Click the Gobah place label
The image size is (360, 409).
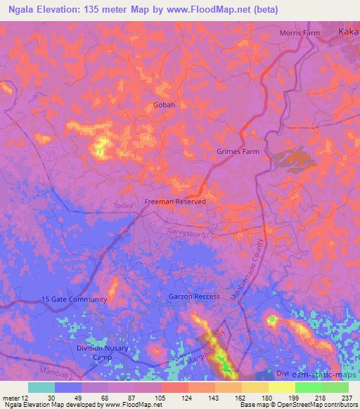[x=164, y=105]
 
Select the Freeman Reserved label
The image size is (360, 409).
[x=175, y=202]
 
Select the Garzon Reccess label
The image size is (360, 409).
[x=194, y=297]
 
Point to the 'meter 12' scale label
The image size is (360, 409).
[x=13, y=397]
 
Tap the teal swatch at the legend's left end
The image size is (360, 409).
[x=41, y=387]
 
